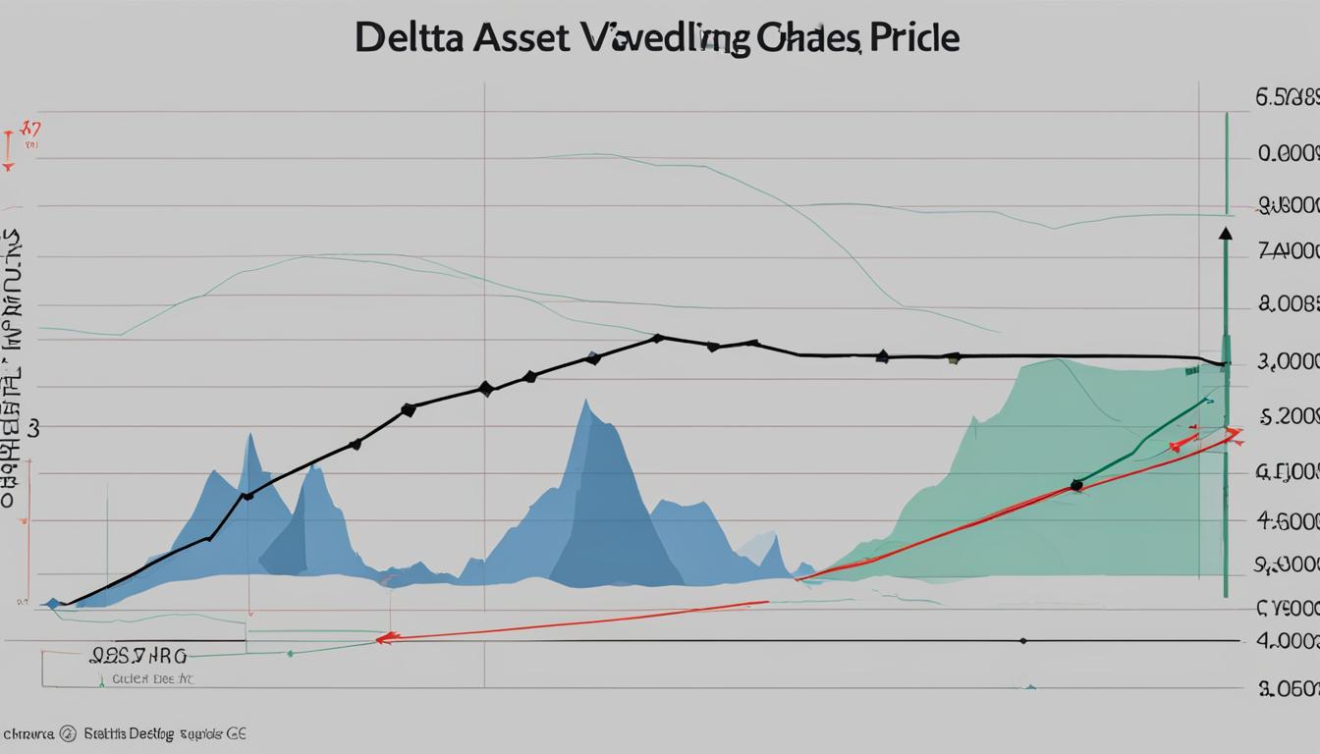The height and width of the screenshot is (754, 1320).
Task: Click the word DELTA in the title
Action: point(410,38)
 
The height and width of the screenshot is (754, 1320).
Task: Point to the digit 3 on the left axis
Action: point(33,429)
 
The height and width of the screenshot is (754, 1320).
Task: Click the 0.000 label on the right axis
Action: point(1288,154)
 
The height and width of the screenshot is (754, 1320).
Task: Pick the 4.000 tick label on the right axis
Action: point(1288,641)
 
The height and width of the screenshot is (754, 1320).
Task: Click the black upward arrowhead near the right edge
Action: point(1225,234)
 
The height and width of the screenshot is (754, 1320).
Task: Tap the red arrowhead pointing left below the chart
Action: point(384,638)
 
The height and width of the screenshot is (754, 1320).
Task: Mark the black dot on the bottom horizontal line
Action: point(1023,640)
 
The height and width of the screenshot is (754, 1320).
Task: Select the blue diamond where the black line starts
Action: point(53,603)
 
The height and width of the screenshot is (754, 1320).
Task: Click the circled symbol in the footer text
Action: point(67,732)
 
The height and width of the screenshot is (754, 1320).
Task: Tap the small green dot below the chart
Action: point(291,653)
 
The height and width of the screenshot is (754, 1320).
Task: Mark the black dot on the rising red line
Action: point(1076,484)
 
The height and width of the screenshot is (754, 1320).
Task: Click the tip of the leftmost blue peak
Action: point(251,435)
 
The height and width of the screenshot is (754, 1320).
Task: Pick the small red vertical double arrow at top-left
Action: point(9,147)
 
